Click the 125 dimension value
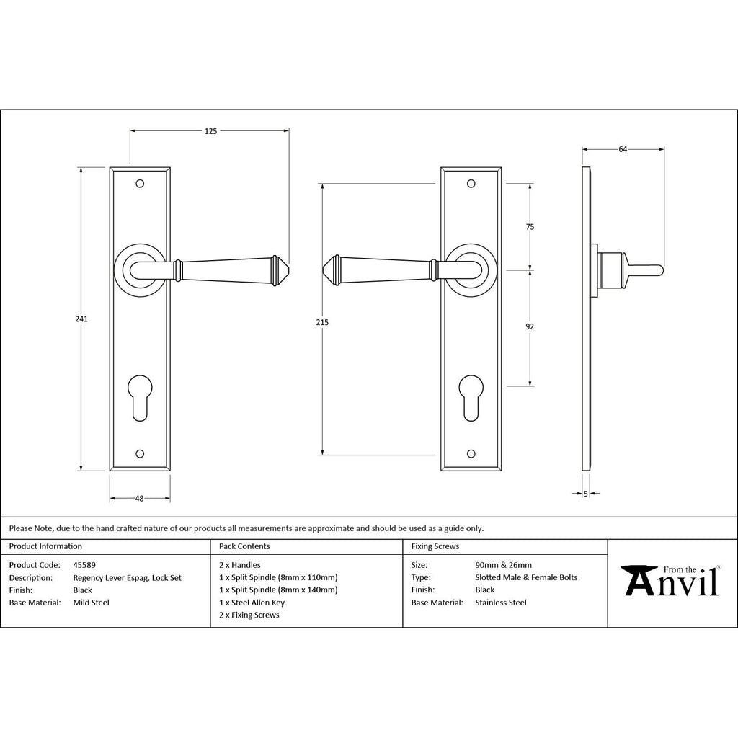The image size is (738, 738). pos(211,131)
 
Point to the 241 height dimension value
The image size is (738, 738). pos(81,319)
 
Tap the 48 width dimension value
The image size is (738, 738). pos(139,499)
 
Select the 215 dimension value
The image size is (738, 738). pos(322,322)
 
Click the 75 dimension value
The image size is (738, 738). pos(530,227)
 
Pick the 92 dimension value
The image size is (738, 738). pos(530,326)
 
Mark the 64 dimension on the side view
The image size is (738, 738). pos(623,150)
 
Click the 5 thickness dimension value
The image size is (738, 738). pos(585,494)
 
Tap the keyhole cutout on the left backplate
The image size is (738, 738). pos(140,396)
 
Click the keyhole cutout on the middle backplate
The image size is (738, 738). pos(471,396)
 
